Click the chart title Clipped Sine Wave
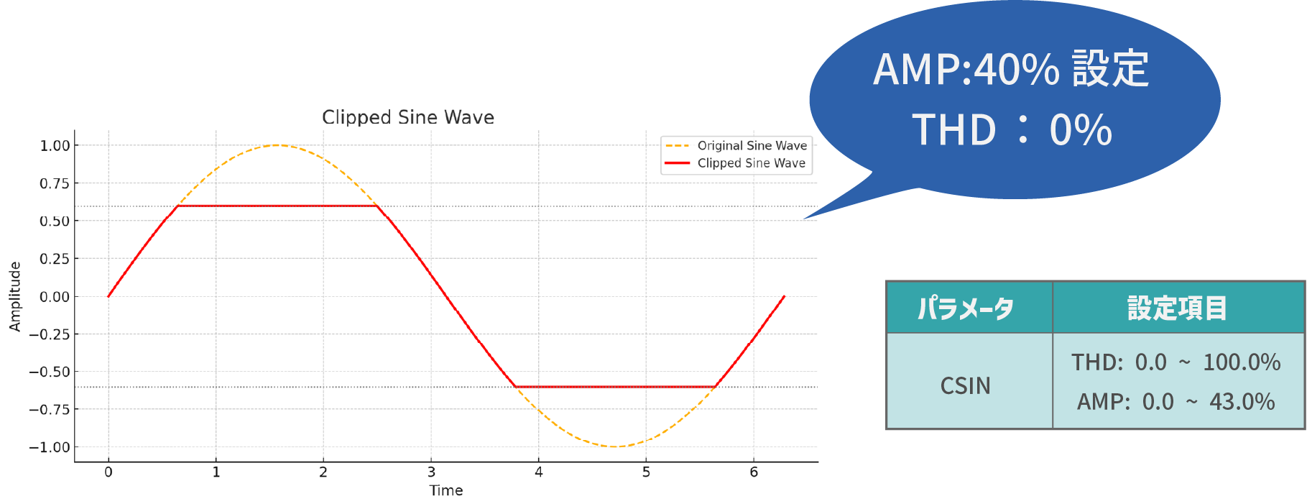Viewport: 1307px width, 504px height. (x=408, y=117)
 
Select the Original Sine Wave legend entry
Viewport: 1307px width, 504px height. (x=736, y=145)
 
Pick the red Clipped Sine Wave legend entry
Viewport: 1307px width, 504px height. (x=736, y=163)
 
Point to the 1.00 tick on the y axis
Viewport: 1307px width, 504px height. (x=55, y=145)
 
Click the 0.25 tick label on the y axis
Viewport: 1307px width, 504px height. (x=55, y=259)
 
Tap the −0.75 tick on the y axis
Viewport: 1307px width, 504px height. (x=50, y=409)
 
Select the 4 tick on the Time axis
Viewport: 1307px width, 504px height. (x=539, y=472)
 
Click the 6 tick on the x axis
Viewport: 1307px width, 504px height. (x=754, y=472)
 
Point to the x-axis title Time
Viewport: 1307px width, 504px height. (x=446, y=490)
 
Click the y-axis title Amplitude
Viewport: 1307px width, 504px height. (x=15, y=296)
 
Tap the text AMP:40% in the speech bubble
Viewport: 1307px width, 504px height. (x=966, y=70)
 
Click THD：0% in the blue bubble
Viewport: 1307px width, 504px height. (x=1012, y=130)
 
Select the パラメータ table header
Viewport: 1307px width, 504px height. (x=966, y=308)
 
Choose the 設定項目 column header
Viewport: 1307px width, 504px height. (x=1177, y=308)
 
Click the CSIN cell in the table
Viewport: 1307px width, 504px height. (x=966, y=386)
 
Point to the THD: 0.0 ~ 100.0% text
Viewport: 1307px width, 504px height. (x=1176, y=362)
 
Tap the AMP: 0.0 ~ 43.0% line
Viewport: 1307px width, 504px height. (x=1176, y=402)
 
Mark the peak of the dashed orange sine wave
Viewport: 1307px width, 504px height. (x=277, y=145)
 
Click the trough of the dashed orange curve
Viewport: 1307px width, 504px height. (x=615, y=446)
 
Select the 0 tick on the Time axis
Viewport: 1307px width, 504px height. (x=108, y=472)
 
